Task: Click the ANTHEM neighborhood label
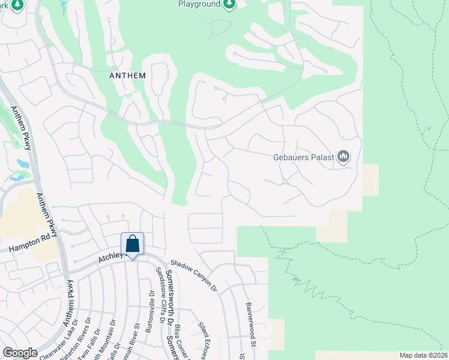click(x=128, y=75)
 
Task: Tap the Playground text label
click(x=199, y=4)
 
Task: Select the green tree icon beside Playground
click(x=229, y=4)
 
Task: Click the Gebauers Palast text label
click(x=306, y=158)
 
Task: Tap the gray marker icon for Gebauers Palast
click(x=343, y=157)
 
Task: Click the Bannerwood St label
click(x=251, y=324)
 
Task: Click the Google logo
click(x=20, y=353)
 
